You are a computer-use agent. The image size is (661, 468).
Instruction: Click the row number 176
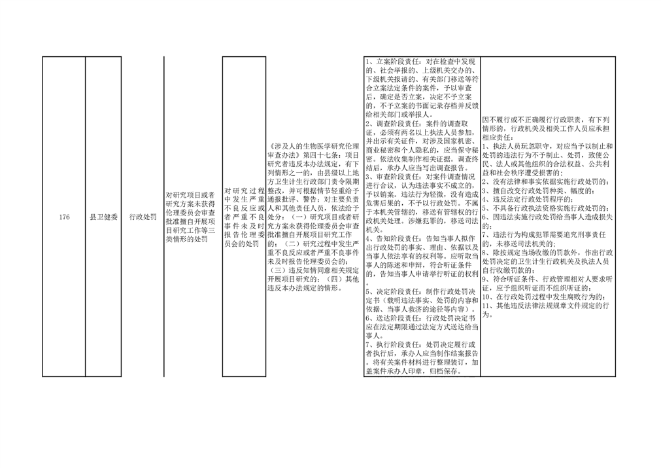click(64, 217)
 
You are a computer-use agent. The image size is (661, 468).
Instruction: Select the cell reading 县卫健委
click(103, 217)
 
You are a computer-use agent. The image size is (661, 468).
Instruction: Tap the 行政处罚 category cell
click(143, 217)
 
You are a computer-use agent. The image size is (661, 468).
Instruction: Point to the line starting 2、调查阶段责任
click(417, 124)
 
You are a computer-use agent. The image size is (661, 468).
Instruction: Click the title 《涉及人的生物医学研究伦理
click(313, 147)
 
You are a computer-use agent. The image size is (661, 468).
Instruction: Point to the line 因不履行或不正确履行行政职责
click(546, 120)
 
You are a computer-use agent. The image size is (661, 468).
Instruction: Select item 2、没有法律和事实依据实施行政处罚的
click(546, 182)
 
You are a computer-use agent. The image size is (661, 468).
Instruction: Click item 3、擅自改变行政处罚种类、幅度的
click(539, 190)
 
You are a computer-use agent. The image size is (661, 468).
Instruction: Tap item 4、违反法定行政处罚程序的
click(528, 200)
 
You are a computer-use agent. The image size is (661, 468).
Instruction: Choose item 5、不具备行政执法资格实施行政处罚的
click(546, 208)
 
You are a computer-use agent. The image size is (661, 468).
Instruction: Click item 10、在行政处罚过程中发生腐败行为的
click(546, 297)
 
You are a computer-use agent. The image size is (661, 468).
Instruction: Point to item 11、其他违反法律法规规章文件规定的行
click(546, 306)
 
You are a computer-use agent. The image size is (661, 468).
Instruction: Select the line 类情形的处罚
click(187, 240)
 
